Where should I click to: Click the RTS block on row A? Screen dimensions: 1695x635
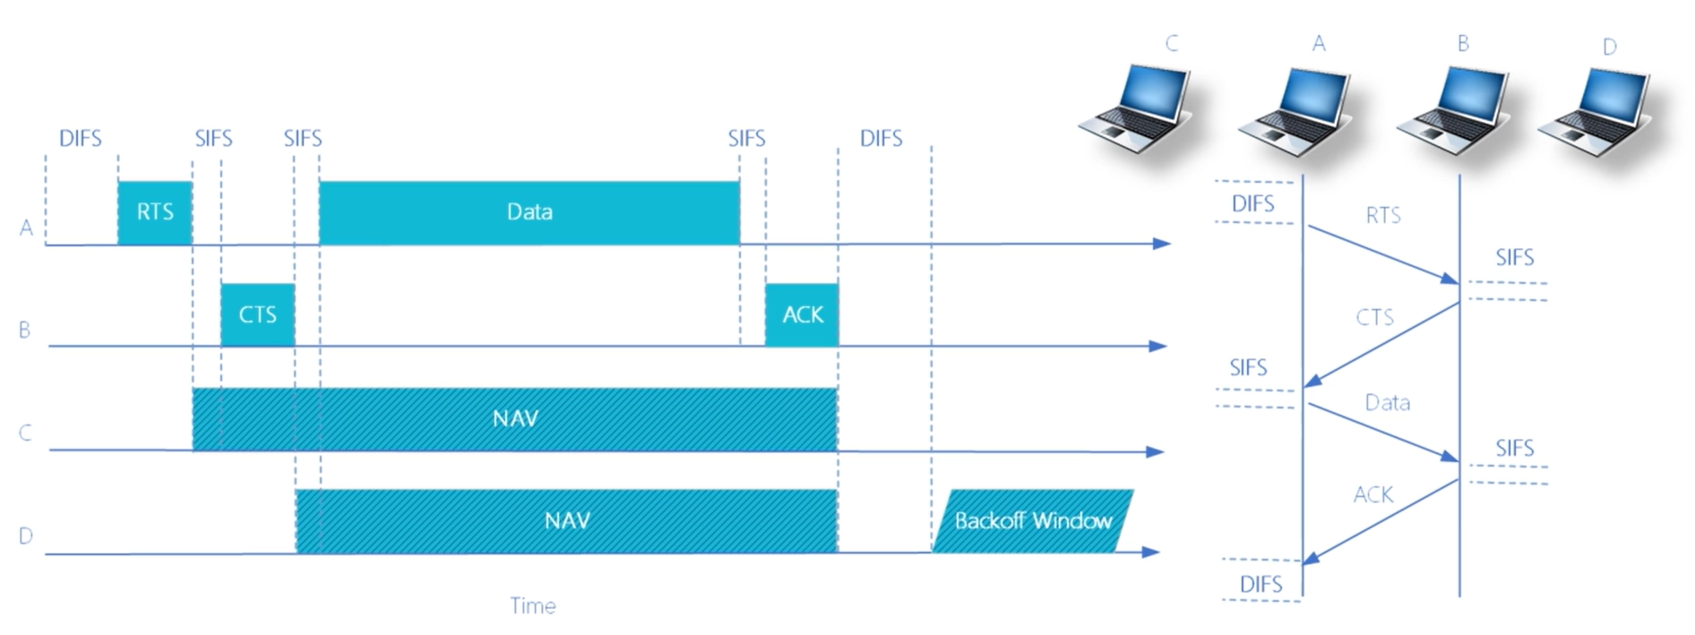tap(155, 213)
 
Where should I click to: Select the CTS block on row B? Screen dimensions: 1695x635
tap(258, 315)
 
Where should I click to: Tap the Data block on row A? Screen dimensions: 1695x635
tap(529, 213)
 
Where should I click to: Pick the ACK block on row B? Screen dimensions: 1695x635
tap(802, 315)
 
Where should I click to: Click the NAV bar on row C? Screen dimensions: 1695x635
tap(515, 419)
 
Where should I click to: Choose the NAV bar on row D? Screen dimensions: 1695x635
tap(567, 521)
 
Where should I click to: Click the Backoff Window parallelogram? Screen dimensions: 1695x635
tap(1033, 521)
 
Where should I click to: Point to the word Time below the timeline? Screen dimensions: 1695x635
tap(533, 606)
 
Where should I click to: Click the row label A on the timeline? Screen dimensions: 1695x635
tap(26, 228)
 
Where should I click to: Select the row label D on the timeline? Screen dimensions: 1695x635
tap(26, 536)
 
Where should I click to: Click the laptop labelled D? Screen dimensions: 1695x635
tap(1596, 111)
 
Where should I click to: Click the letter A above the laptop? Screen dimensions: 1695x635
tap(1319, 44)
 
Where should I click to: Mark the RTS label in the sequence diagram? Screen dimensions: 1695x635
tap(1383, 216)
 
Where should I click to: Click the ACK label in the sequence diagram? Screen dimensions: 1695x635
tap(1373, 494)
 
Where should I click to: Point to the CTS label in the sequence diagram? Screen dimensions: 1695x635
tap(1375, 317)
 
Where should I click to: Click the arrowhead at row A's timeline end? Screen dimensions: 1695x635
tap(1162, 244)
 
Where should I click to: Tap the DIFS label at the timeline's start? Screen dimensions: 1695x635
tap(81, 139)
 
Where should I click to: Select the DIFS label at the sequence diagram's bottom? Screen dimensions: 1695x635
tap(1261, 585)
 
